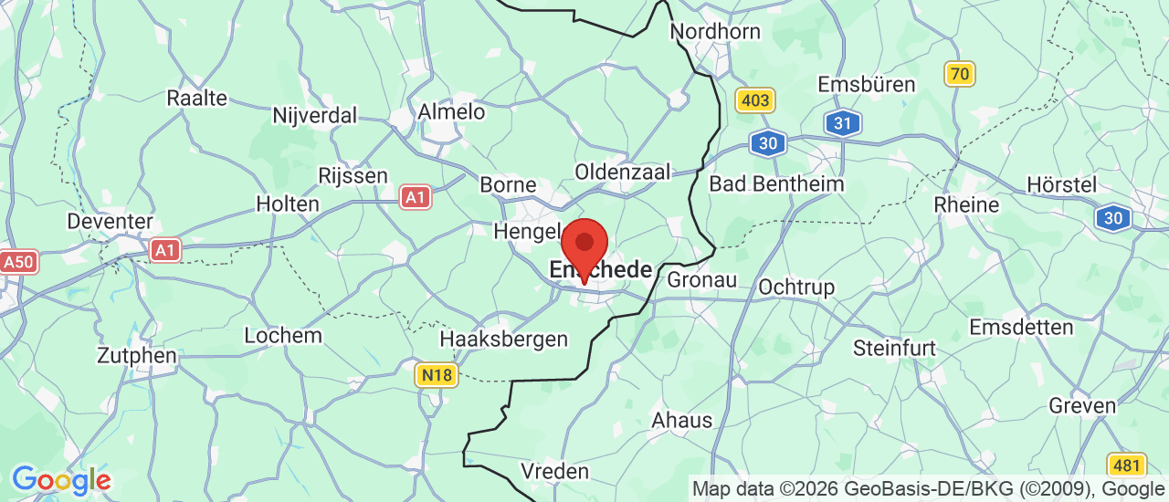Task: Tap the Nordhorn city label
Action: (x=715, y=32)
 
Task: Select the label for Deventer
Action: (x=111, y=221)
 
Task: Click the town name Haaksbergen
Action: (x=503, y=339)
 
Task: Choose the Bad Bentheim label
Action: (x=776, y=183)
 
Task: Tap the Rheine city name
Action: (x=966, y=204)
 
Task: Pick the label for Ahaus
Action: (x=681, y=420)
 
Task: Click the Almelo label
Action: (x=451, y=111)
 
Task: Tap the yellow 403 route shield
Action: (x=755, y=99)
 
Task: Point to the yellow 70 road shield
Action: (x=960, y=73)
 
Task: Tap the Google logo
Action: (x=61, y=480)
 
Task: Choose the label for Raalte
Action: (x=196, y=98)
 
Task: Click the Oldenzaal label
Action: (x=622, y=172)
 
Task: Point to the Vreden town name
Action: (x=554, y=471)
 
